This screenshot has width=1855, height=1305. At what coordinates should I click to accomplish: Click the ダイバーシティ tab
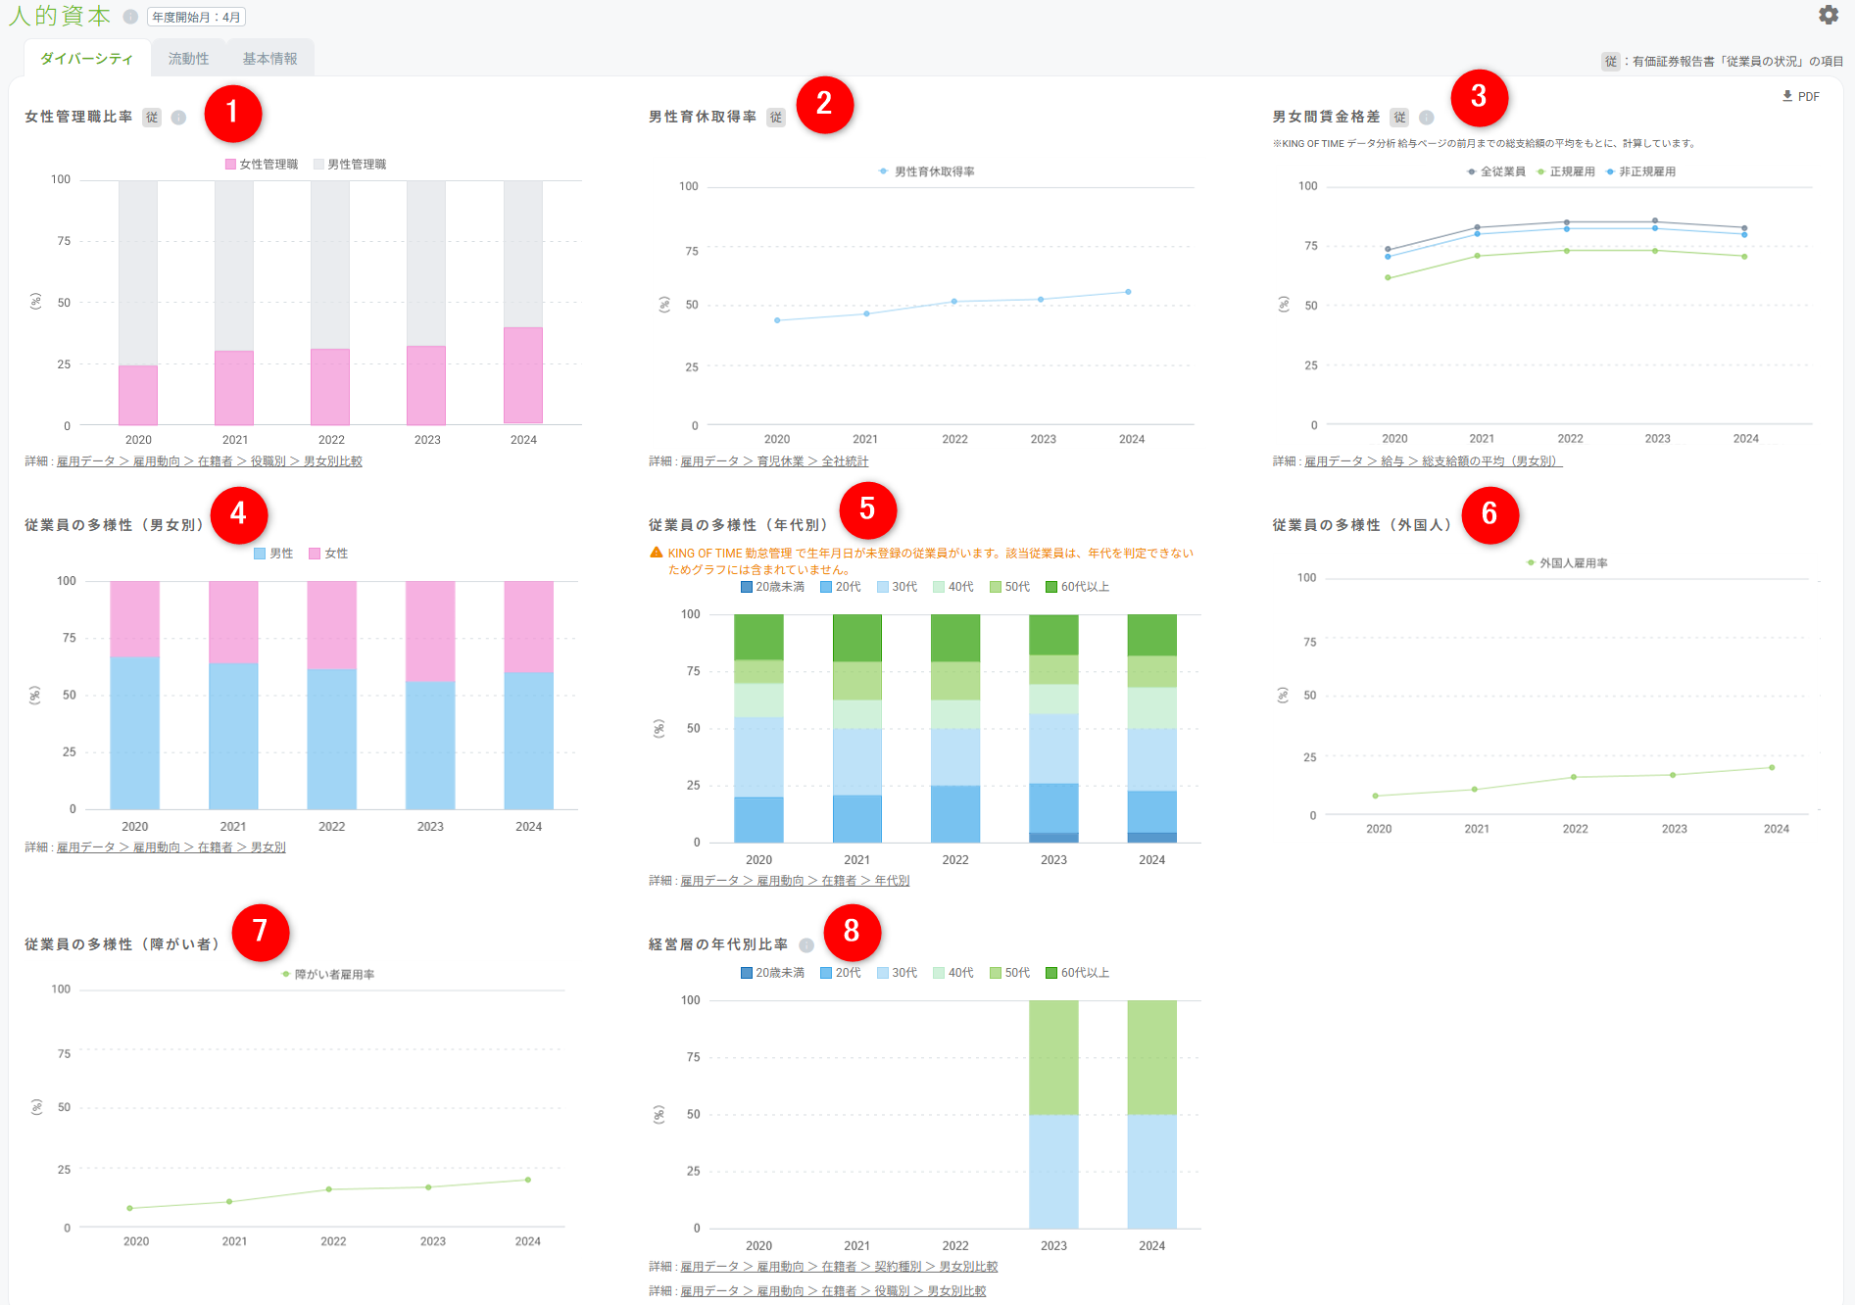pos(87,59)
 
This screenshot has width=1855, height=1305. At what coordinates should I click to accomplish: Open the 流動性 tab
pos(188,59)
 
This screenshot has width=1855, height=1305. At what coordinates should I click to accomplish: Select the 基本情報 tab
pos(269,59)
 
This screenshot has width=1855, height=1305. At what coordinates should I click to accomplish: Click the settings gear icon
pos(1829,15)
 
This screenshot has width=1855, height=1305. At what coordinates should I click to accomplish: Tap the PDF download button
pos(1801,96)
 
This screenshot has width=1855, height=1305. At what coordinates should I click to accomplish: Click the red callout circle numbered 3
pos(1479,97)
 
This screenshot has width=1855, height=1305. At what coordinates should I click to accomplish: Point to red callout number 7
pos(260,931)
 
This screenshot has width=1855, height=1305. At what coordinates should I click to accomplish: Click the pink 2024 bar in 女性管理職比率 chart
pos(523,375)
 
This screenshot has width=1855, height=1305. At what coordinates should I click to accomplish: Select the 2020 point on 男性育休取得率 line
pos(777,320)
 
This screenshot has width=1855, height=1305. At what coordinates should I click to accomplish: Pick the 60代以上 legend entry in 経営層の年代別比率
pos(1077,973)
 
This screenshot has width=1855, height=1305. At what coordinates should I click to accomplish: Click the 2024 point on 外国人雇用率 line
pos(1772,767)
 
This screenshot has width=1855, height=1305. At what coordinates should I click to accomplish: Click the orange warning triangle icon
pos(657,553)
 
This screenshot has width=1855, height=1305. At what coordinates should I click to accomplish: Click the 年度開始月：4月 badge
pos(196,17)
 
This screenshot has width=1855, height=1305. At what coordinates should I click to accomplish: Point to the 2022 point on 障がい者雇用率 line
pos(329,1189)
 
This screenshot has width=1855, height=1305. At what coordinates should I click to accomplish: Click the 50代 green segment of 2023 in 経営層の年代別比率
pos(1053,1057)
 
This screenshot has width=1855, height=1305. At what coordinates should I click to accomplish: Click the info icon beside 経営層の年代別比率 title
pos(806,944)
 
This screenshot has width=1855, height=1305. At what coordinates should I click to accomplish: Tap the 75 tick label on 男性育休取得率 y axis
pos(692,251)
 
